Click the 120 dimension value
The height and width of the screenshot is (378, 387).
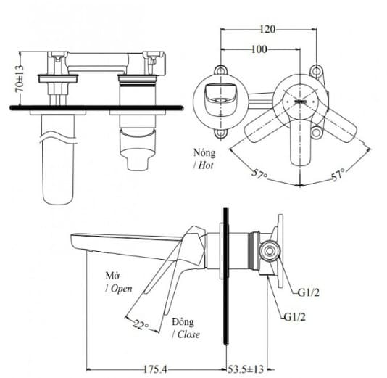pyautogui.click(x=267, y=30)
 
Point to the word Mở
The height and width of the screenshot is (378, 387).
pyautogui.click(x=112, y=276)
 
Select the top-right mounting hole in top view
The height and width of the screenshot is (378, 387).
pyautogui.click(x=317, y=70)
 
